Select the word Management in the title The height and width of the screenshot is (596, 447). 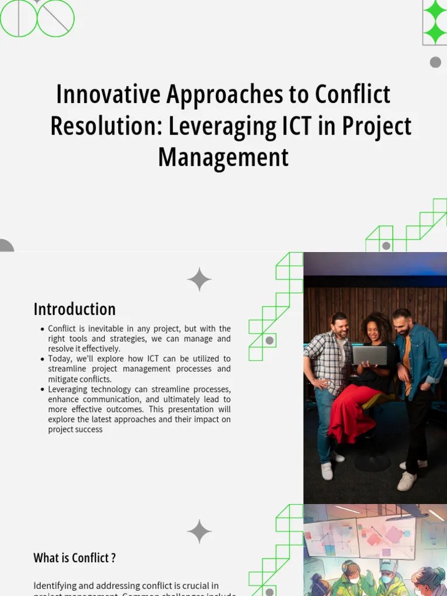coord(223,157)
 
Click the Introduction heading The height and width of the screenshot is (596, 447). coord(74,309)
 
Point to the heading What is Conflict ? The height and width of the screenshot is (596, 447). coord(74,558)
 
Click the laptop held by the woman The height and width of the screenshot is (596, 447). coord(370,354)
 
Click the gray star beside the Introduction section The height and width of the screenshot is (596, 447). coord(199,279)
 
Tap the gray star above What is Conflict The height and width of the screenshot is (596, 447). coord(199,531)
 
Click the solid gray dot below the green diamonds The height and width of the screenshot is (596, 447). coord(435,62)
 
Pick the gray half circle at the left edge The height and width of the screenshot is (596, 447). coord(5,246)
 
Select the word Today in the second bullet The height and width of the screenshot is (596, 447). coord(59,359)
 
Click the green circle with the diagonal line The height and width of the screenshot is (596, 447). coord(56,18)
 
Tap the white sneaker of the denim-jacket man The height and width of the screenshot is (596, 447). coord(407,481)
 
